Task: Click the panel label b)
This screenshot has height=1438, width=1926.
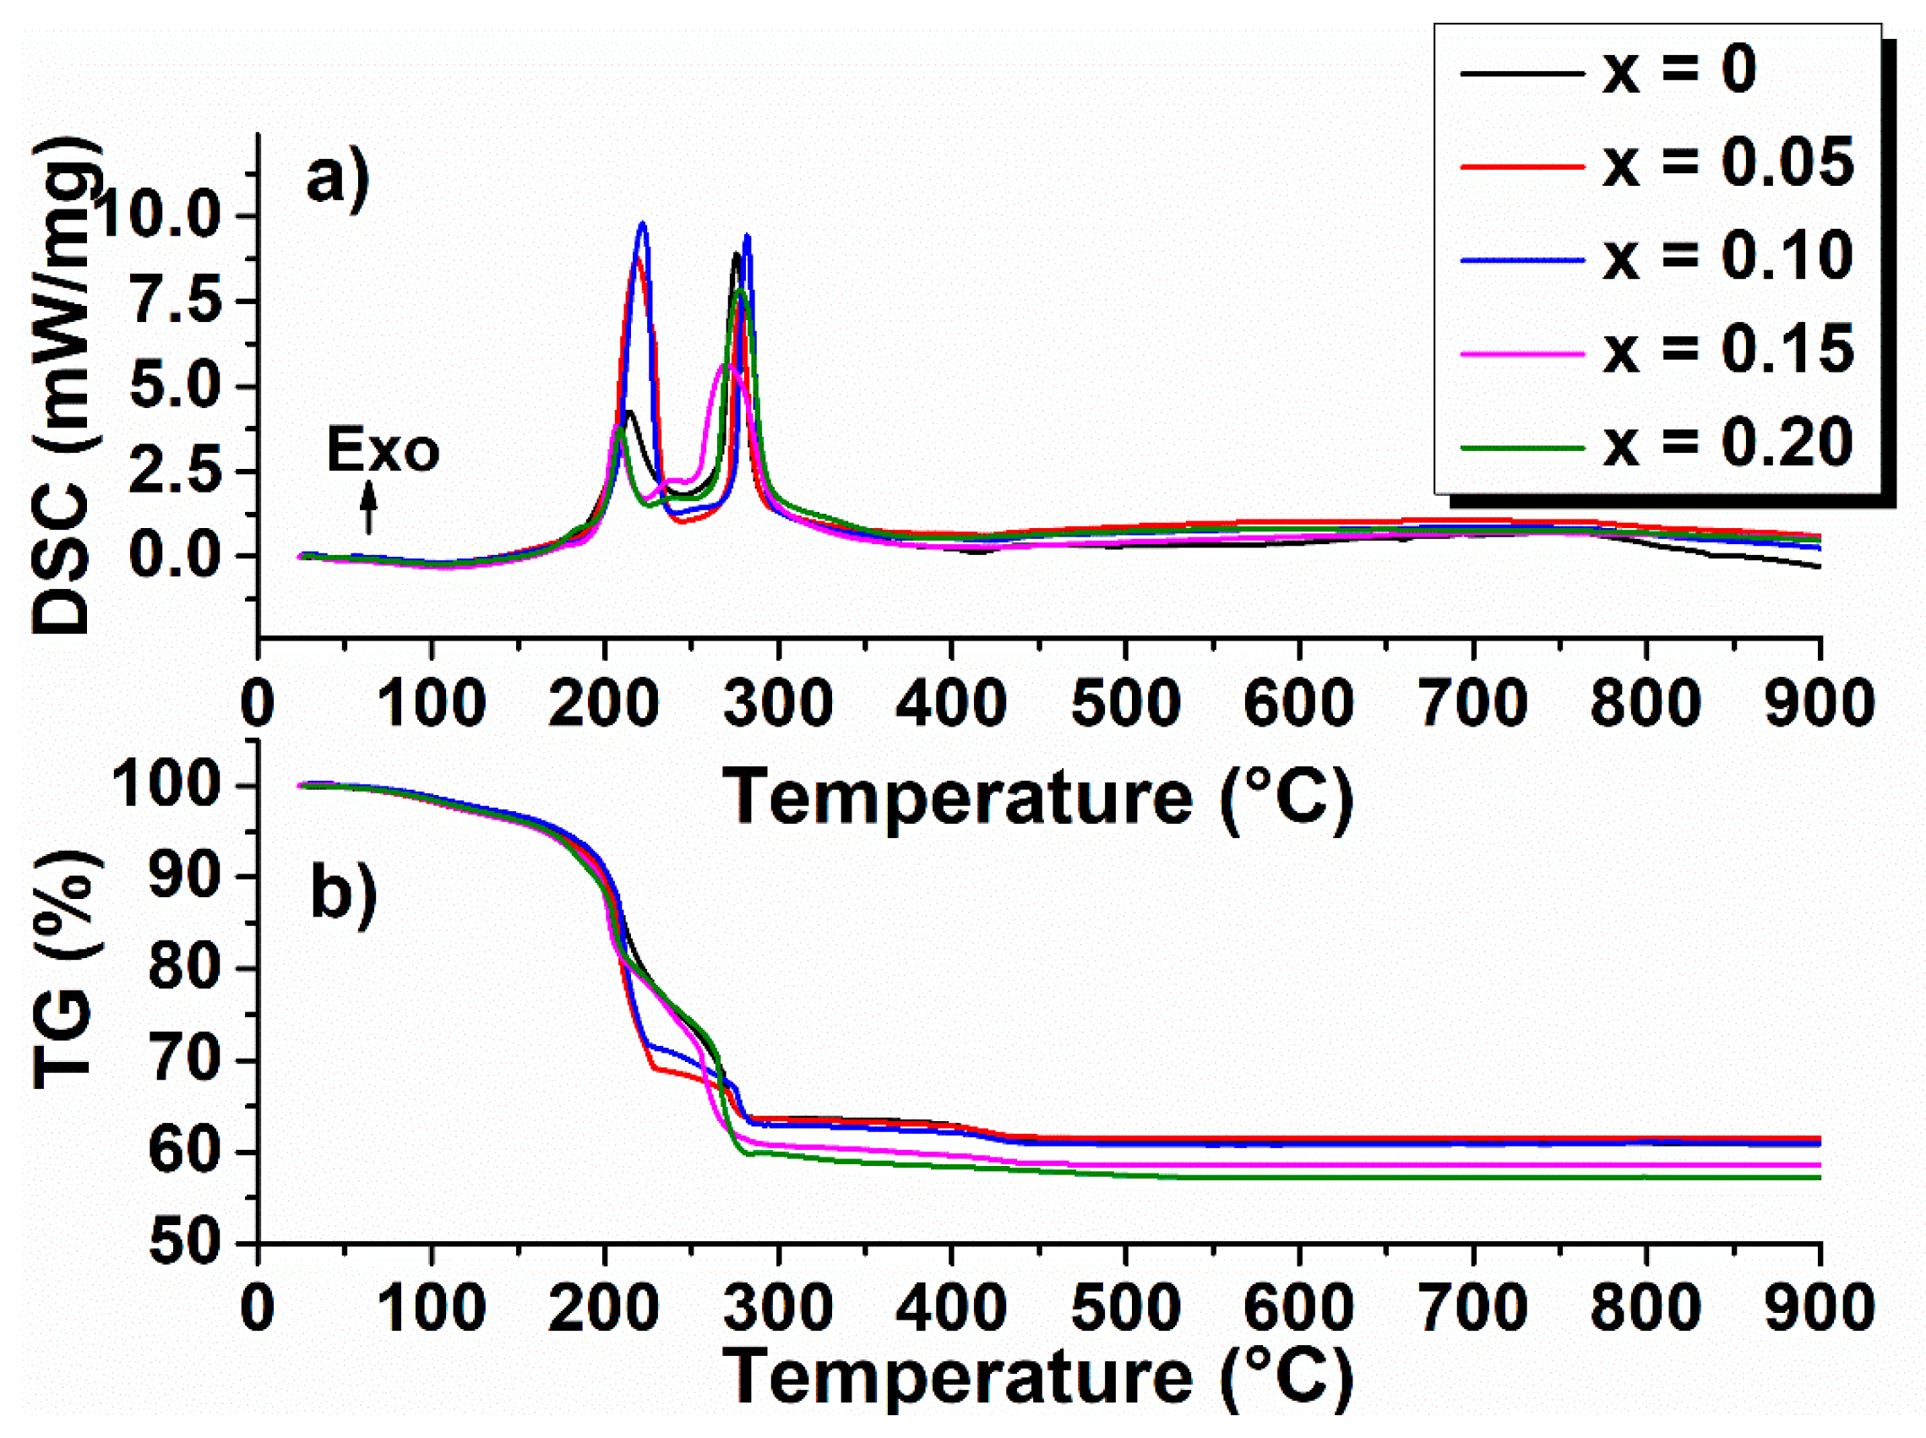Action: [x=343, y=895]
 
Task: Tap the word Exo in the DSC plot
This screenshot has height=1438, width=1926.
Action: [x=383, y=452]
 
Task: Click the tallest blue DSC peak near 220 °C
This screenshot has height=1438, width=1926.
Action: [x=642, y=225]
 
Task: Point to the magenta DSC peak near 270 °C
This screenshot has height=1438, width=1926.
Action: [x=725, y=366]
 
